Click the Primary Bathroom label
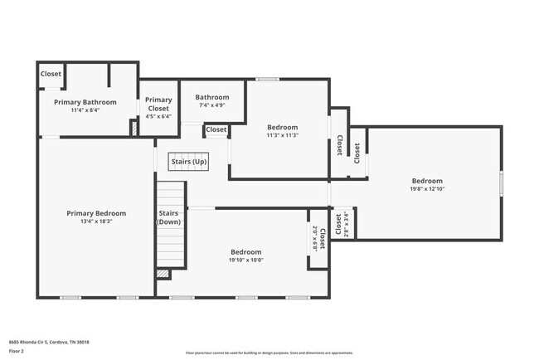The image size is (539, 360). click(85, 102)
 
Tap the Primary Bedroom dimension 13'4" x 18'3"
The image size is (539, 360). click(96, 221)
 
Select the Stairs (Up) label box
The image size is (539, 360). click(188, 161)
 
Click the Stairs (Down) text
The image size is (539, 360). click(169, 217)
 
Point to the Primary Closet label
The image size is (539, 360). click(158, 104)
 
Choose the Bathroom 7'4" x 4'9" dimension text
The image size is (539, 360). click(211, 105)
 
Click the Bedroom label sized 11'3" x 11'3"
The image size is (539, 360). click(282, 128)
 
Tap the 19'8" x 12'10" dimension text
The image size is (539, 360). click(427, 189)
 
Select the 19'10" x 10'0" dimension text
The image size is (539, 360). click(246, 260)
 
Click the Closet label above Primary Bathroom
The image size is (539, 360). click(51, 74)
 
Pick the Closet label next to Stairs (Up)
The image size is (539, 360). click(216, 129)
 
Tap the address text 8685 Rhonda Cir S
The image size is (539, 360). click(49, 342)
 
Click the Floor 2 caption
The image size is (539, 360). click(17, 351)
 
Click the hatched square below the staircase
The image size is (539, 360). click(163, 273)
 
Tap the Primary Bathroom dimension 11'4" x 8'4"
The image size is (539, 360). click(85, 109)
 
